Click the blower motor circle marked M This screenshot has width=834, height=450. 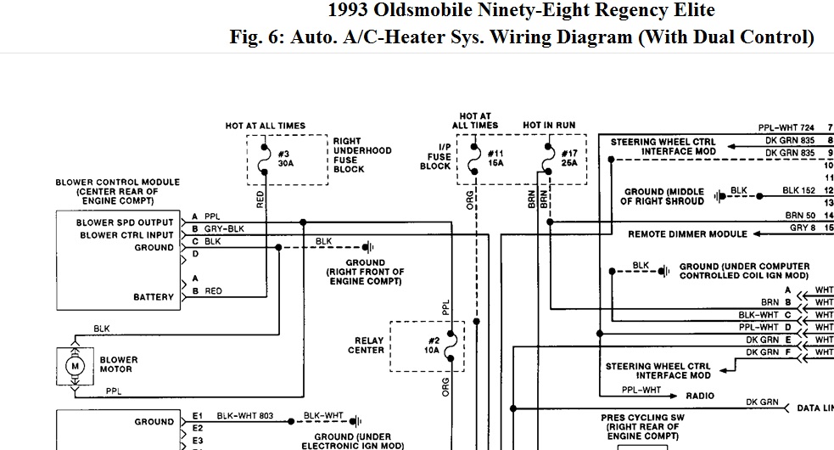coord(75,366)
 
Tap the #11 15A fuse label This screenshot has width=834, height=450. coord(495,157)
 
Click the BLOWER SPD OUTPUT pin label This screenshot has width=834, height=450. coord(125,222)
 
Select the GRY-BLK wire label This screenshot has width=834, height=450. coord(224,229)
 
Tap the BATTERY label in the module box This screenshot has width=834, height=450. coord(153,297)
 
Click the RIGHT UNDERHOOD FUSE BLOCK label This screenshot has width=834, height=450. coord(362,155)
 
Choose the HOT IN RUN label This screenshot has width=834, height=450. coord(549,126)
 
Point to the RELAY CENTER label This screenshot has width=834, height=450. coord(366,346)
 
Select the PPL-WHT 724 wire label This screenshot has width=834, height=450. coord(786,128)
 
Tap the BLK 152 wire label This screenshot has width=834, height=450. coord(798,191)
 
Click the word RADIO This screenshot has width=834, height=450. coord(700,396)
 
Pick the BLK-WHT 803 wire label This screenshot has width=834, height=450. coord(246,417)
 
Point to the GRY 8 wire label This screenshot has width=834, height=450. coord(803,228)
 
